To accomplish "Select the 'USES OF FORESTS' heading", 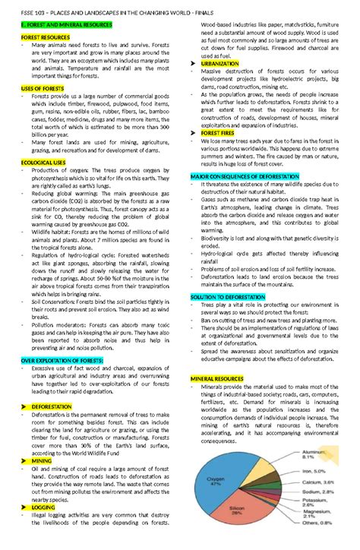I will tap(43, 88).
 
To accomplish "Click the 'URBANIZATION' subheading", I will tap(219, 64).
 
